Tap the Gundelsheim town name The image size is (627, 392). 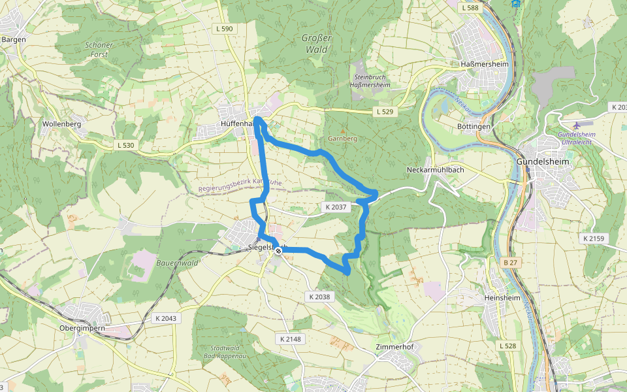[x=543, y=161]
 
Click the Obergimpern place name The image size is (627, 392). [x=82, y=329]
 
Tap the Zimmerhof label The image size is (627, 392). [x=395, y=346]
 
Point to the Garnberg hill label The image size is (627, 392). [x=342, y=139]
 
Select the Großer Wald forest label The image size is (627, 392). [x=317, y=44]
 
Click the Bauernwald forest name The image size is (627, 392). [x=177, y=262]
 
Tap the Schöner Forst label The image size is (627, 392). [x=99, y=50]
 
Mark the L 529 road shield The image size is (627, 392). [x=385, y=112]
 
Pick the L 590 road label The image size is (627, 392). [x=223, y=29]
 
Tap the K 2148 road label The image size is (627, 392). [x=290, y=339]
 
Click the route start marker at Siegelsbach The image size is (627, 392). [x=278, y=251]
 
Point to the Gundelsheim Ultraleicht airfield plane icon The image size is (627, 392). [x=575, y=125]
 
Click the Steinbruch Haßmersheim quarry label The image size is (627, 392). [x=370, y=81]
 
